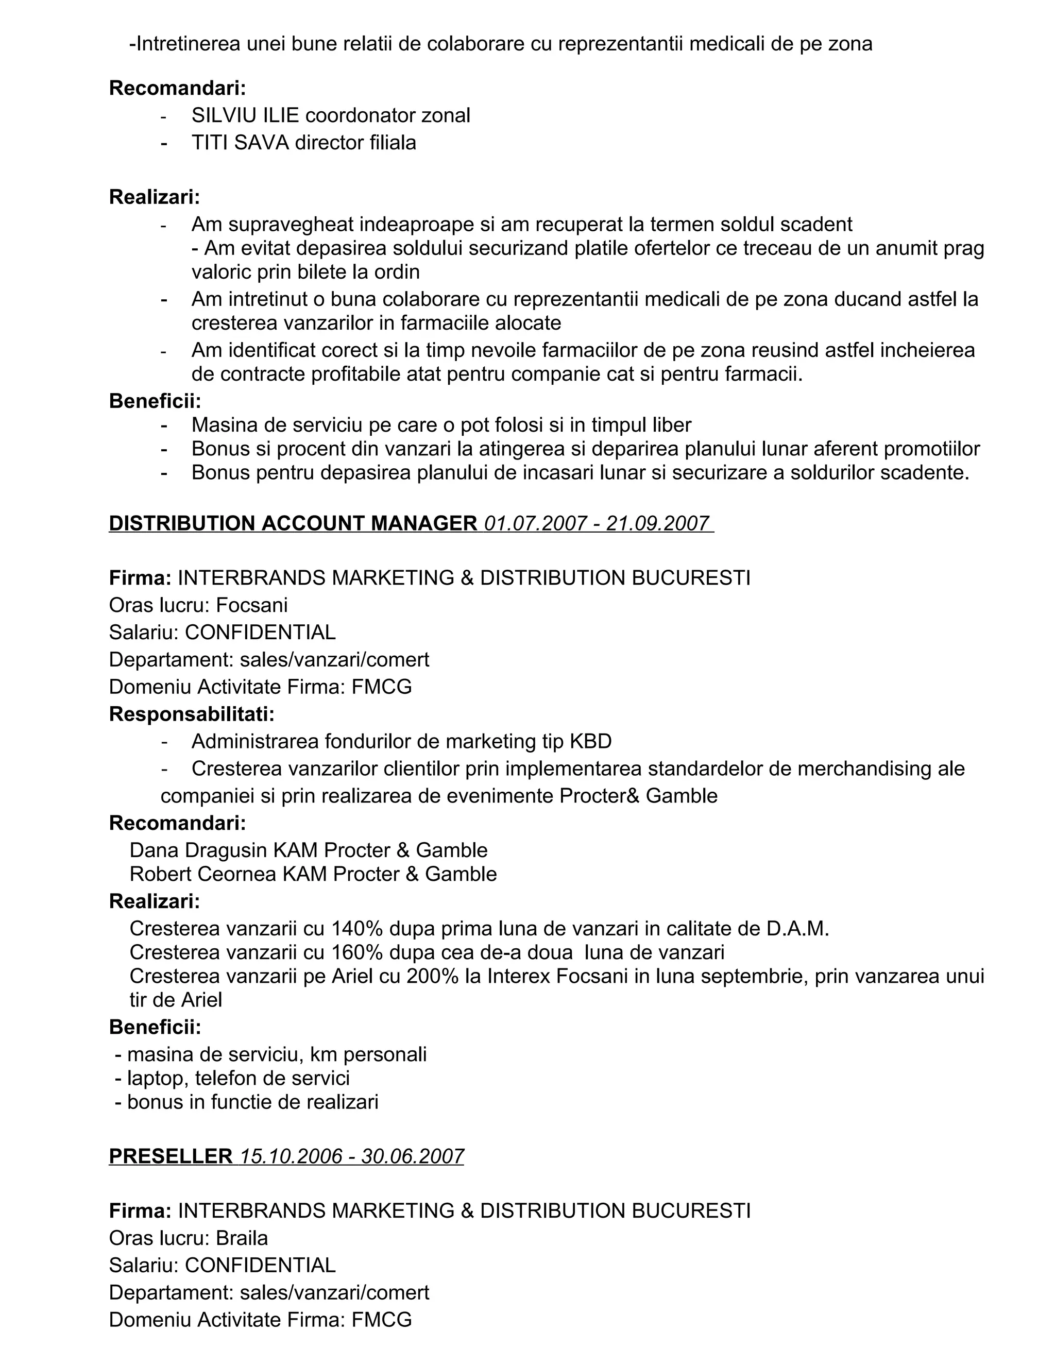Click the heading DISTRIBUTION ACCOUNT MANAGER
293,523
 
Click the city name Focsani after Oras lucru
252,605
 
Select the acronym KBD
590,741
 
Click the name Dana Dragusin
199,850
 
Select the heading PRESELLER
170,1156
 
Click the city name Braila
242,1238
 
